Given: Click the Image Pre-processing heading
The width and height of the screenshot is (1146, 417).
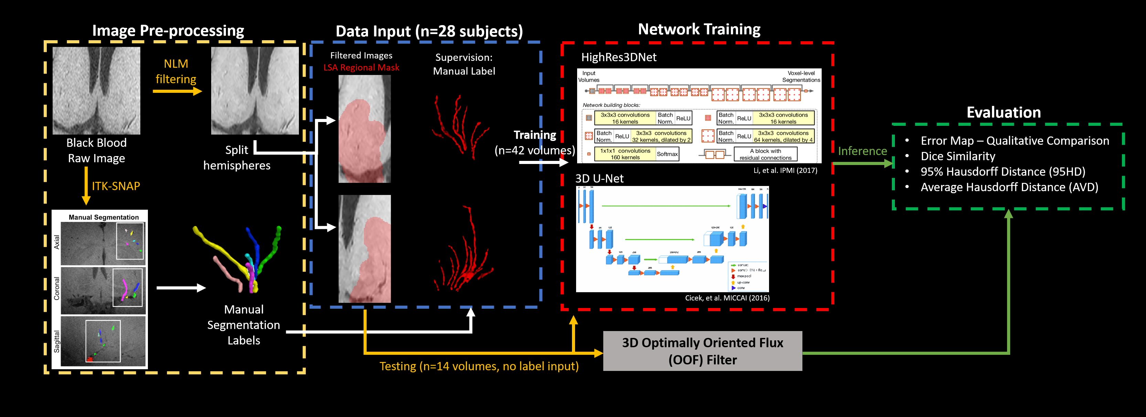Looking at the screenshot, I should (168, 31).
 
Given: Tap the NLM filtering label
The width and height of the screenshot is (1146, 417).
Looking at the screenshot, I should (176, 71).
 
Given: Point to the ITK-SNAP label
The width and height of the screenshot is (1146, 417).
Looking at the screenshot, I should (116, 186).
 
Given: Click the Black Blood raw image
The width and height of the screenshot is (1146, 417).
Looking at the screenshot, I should (97, 91).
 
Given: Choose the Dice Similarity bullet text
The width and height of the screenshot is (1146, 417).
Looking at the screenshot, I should (958, 156).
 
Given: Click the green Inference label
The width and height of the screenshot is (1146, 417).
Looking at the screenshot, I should (862, 151).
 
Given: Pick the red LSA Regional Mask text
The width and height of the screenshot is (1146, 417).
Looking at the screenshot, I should (361, 68).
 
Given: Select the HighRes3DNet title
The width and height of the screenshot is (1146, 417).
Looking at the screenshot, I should (618, 57).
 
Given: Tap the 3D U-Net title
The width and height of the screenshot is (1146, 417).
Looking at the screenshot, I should (599, 178).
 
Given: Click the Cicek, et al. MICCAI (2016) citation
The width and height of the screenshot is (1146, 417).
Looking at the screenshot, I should (727, 298).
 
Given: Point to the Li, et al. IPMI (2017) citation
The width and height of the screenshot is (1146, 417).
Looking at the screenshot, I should (785, 170).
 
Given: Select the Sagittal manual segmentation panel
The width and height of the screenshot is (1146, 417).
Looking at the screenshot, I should (103, 341).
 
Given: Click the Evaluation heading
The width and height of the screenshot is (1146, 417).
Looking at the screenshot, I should (1004, 112).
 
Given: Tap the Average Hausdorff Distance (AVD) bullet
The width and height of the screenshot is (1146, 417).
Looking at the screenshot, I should (1009, 187).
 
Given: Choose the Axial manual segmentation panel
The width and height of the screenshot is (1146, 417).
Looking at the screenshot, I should (103, 243).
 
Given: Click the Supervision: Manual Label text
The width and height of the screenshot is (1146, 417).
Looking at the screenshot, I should (464, 64).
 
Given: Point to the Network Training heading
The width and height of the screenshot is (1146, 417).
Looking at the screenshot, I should (699, 29).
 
